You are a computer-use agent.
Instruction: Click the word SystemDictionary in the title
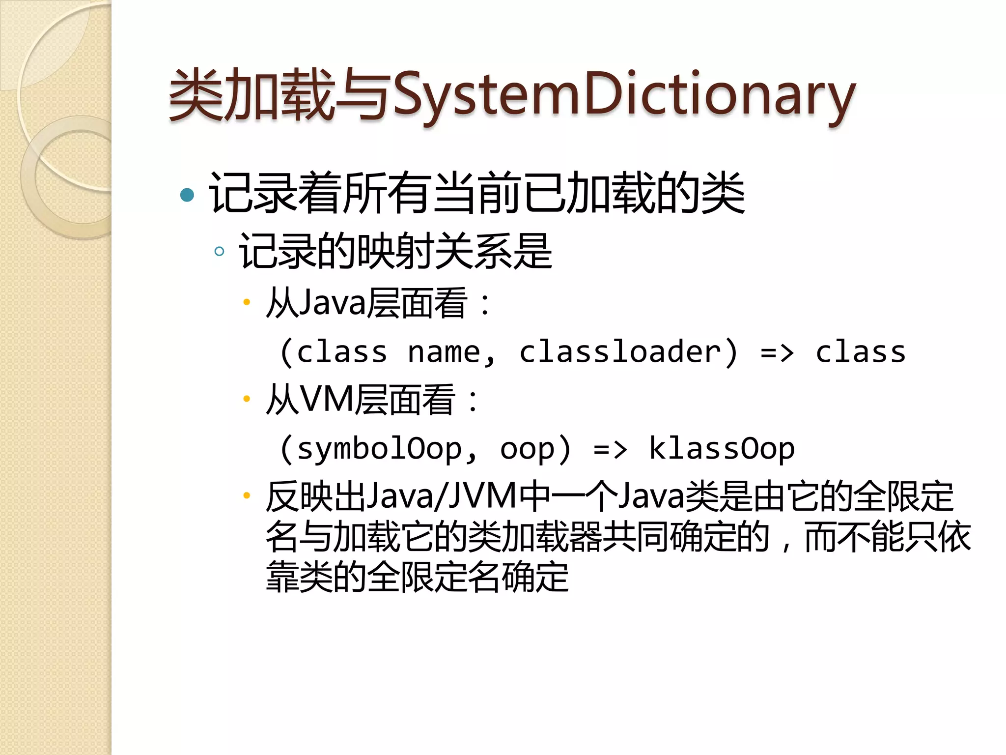[624, 96]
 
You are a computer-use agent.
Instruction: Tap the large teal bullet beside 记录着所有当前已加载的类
[187, 195]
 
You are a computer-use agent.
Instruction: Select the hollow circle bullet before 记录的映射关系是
[220, 252]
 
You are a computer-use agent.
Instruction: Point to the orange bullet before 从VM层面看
[247, 399]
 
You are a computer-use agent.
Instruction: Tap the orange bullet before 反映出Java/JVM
[247, 495]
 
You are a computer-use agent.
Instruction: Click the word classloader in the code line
[620, 352]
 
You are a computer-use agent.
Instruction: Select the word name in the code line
[444, 352]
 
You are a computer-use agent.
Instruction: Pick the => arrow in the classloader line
[777, 352]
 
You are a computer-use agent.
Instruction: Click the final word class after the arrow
[861, 352]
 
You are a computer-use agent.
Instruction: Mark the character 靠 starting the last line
[282, 577]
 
